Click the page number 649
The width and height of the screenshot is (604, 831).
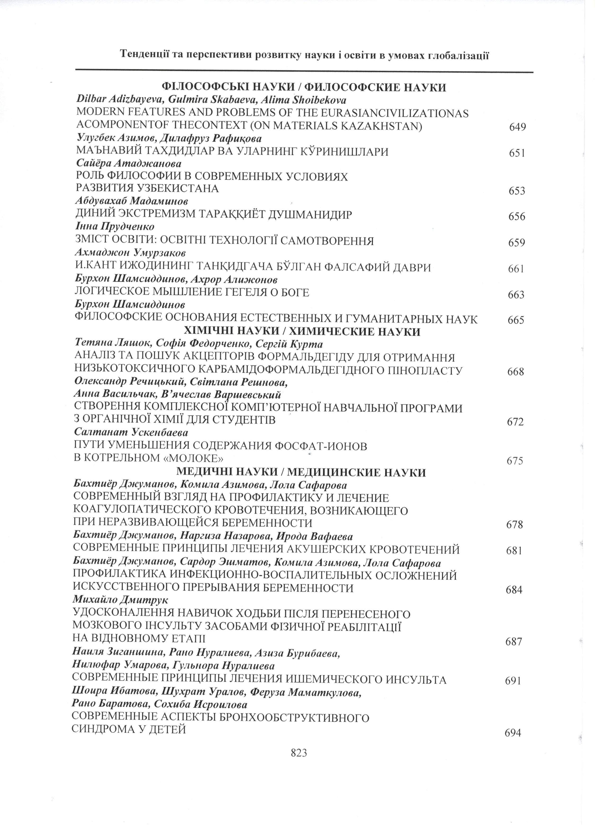tap(517, 127)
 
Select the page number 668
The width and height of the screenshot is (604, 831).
tap(516, 372)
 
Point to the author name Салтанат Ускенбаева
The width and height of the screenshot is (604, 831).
tap(131, 432)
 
